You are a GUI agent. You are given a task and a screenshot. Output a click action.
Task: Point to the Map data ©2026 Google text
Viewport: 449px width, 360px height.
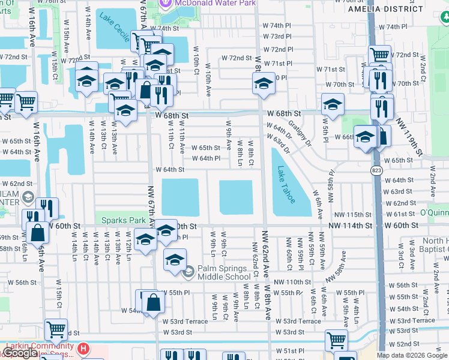(x=412, y=356)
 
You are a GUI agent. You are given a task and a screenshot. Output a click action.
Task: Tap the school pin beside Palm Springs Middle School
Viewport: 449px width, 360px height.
(x=175, y=260)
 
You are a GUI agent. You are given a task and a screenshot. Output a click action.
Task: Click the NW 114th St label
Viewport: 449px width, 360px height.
(x=351, y=226)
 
